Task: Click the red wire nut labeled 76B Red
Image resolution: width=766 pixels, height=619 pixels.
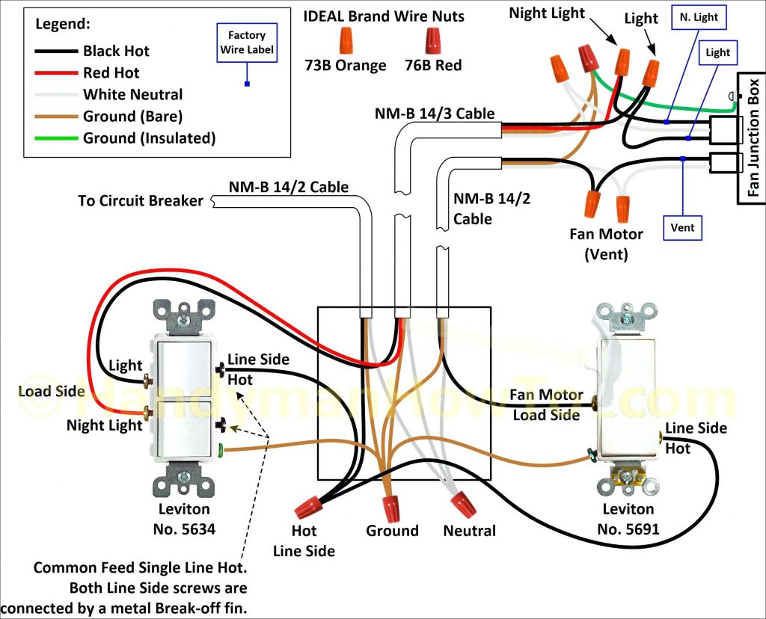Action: [433, 38]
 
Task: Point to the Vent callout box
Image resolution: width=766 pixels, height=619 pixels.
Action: [681, 226]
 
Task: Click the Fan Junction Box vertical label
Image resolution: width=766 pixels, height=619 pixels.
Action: [753, 138]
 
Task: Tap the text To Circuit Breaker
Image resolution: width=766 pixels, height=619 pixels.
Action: [140, 200]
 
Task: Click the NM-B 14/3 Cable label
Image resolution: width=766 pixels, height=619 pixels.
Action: [435, 113]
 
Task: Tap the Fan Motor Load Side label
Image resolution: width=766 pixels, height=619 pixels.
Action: [546, 404]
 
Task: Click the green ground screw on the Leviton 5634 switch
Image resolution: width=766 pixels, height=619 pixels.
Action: [221, 450]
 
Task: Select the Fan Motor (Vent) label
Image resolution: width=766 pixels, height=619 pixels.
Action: [606, 244]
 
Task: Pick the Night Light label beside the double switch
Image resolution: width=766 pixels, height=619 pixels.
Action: [104, 425]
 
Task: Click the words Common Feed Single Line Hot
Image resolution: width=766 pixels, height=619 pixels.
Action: [140, 568]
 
